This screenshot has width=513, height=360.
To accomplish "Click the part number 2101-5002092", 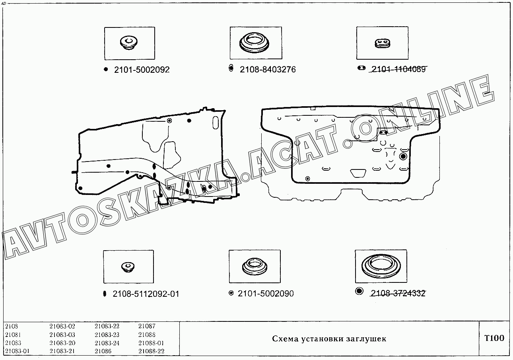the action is point(142,70).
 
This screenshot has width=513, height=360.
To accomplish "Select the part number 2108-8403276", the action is point(268,70).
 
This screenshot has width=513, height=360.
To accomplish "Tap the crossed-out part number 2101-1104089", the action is point(398,69).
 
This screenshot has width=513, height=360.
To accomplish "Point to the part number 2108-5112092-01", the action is point(146,294).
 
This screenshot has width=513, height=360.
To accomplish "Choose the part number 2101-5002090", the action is point(266,293).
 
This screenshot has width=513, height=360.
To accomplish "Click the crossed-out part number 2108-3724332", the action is point(398,293).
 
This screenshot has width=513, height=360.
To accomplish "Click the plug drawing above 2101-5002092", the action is point(129,43).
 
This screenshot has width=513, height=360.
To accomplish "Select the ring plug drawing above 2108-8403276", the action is point(254,43).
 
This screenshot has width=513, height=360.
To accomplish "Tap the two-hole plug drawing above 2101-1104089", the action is point(382,43).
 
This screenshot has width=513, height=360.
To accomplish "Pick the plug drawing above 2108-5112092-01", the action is point(128,267).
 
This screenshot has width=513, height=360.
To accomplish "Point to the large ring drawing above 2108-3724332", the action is point(381,265).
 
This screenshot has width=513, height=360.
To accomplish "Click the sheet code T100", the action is point(494,338).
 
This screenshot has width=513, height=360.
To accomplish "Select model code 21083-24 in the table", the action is point(107,343).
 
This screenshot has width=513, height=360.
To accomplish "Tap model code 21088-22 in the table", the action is point(152,351).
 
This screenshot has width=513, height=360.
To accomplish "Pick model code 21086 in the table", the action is point(103,351).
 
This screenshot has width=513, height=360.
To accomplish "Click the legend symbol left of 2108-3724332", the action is point(359,291).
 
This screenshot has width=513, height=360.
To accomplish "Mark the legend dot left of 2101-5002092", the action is point(106,69).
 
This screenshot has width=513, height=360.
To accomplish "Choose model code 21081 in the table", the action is point(13,335).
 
